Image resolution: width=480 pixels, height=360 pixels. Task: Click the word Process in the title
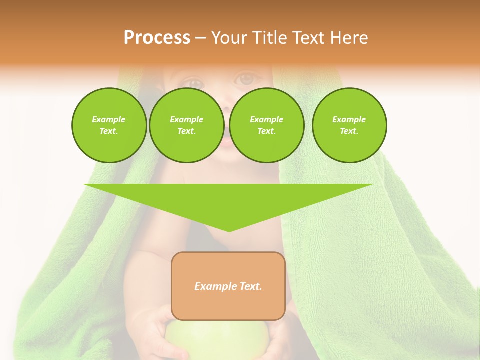tap(157, 38)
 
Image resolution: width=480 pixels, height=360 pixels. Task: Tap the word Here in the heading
tap(349, 38)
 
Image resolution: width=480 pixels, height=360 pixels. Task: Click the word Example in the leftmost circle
tap(109, 119)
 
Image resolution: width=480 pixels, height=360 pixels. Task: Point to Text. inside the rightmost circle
tap(349, 131)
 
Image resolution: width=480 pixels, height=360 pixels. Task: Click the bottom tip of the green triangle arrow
tap(229, 231)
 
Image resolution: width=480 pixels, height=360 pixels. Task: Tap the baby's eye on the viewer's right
tap(245, 79)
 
